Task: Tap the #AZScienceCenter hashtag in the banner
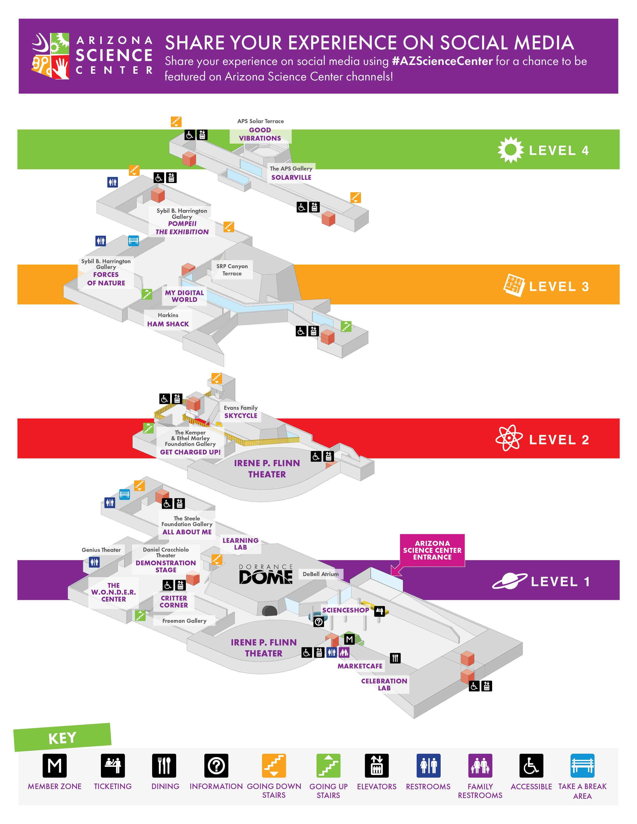click(442, 61)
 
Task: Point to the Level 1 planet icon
click(509, 581)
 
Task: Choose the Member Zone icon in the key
click(54, 766)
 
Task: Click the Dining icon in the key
click(164, 766)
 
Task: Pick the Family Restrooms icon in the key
click(480, 766)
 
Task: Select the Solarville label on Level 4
click(291, 177)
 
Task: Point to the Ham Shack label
click(168, 324)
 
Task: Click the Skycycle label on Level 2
click(241, 415)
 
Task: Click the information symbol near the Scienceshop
click(318, 621)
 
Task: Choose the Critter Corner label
click(174, 602)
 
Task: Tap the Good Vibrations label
click(260, 134)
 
